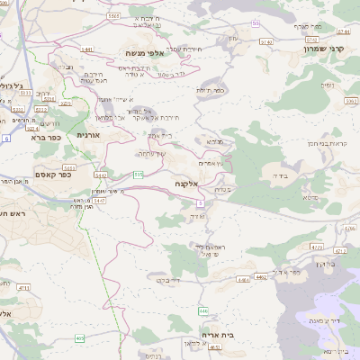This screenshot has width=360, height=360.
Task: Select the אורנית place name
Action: pyautogui.click(x=88, y=135)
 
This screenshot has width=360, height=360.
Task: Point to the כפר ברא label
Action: pyautogui.click(x=45, y=139)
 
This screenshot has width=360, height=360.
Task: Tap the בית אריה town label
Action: pyautogui.click(x=218, y=334)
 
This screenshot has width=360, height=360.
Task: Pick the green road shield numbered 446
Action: pyautogui.click(x=203, y=310)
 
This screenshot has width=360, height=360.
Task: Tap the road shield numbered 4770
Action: pyautogui.click(x=316, y=246)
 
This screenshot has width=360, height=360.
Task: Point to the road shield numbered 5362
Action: pyautogui.click(x=351, y=102)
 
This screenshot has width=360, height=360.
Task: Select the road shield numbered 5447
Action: pyautogui.click(x=100, y=200)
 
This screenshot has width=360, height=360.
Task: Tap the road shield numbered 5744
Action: pyautogui.click(x=266, y=41)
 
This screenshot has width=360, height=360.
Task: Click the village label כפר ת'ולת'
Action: pyautogui.click(x=210, y=90)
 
